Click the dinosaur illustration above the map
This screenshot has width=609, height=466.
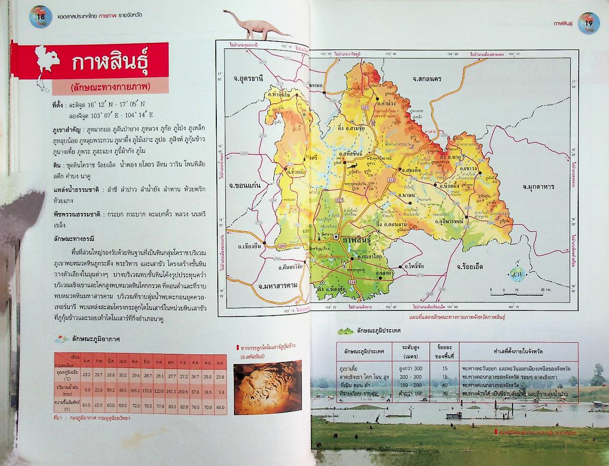(x=255, y=25)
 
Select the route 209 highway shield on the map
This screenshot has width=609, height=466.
(x=282, y=245)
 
